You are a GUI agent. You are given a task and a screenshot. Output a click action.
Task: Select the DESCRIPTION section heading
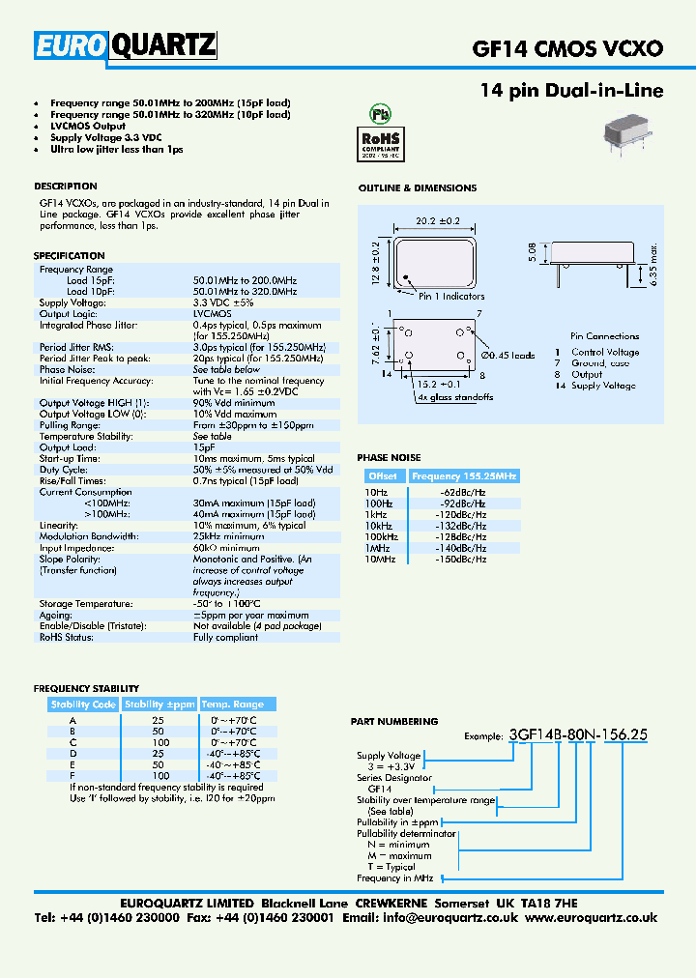point(66,187)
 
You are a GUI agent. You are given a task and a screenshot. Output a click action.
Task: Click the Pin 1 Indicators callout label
point(451,297)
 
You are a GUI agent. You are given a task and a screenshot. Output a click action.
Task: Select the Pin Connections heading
point(604,335)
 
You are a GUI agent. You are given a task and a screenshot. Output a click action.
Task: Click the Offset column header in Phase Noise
point(383,476)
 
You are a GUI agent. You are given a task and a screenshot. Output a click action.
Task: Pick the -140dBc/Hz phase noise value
point(463,548)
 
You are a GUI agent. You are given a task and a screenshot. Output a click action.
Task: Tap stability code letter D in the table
point(72,753)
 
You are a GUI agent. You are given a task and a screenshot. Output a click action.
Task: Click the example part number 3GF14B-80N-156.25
point(578,734)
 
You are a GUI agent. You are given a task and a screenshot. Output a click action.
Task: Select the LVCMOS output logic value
point(212,314)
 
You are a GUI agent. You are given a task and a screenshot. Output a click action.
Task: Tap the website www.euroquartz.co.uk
point(592,918)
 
